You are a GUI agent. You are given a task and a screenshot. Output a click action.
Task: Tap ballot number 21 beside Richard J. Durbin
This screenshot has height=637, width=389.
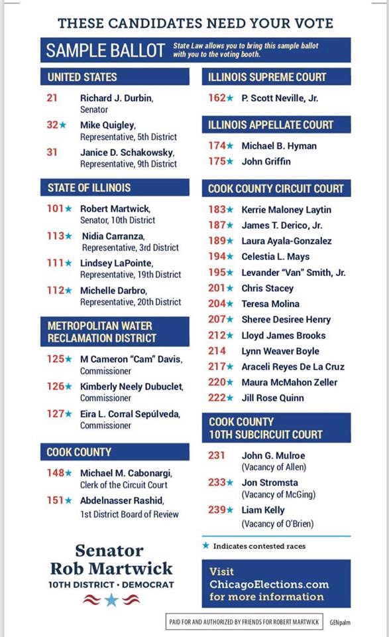click(52, 98)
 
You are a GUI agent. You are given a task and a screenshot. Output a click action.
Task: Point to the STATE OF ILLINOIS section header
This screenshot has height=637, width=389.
click(89, 188)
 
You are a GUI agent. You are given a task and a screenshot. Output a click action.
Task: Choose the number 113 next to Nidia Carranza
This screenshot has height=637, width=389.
click(56, 236)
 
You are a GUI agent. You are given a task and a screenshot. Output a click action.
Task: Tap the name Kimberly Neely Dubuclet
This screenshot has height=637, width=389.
click(131, 386)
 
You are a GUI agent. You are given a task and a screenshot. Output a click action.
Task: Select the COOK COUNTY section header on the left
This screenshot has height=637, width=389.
click(79, 453)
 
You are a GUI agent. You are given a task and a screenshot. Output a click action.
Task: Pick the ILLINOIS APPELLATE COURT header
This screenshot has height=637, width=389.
click(270, 125)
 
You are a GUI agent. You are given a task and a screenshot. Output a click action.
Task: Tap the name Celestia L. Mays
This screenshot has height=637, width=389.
click(275, 257)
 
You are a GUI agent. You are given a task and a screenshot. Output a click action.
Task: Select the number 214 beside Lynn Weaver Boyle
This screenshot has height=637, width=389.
click(217, 351)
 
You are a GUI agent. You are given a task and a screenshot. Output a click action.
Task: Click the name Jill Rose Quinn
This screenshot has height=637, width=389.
click(272, 398)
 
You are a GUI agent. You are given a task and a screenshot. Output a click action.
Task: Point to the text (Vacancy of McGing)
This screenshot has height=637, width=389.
click(278, 495)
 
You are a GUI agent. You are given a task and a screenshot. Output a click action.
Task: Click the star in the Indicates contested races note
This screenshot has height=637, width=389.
click(206, 545)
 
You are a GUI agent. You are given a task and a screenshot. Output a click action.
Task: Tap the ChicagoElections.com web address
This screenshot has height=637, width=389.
click(269, 585)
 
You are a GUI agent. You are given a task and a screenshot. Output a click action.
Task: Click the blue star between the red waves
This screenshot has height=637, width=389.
click(111, 600)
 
